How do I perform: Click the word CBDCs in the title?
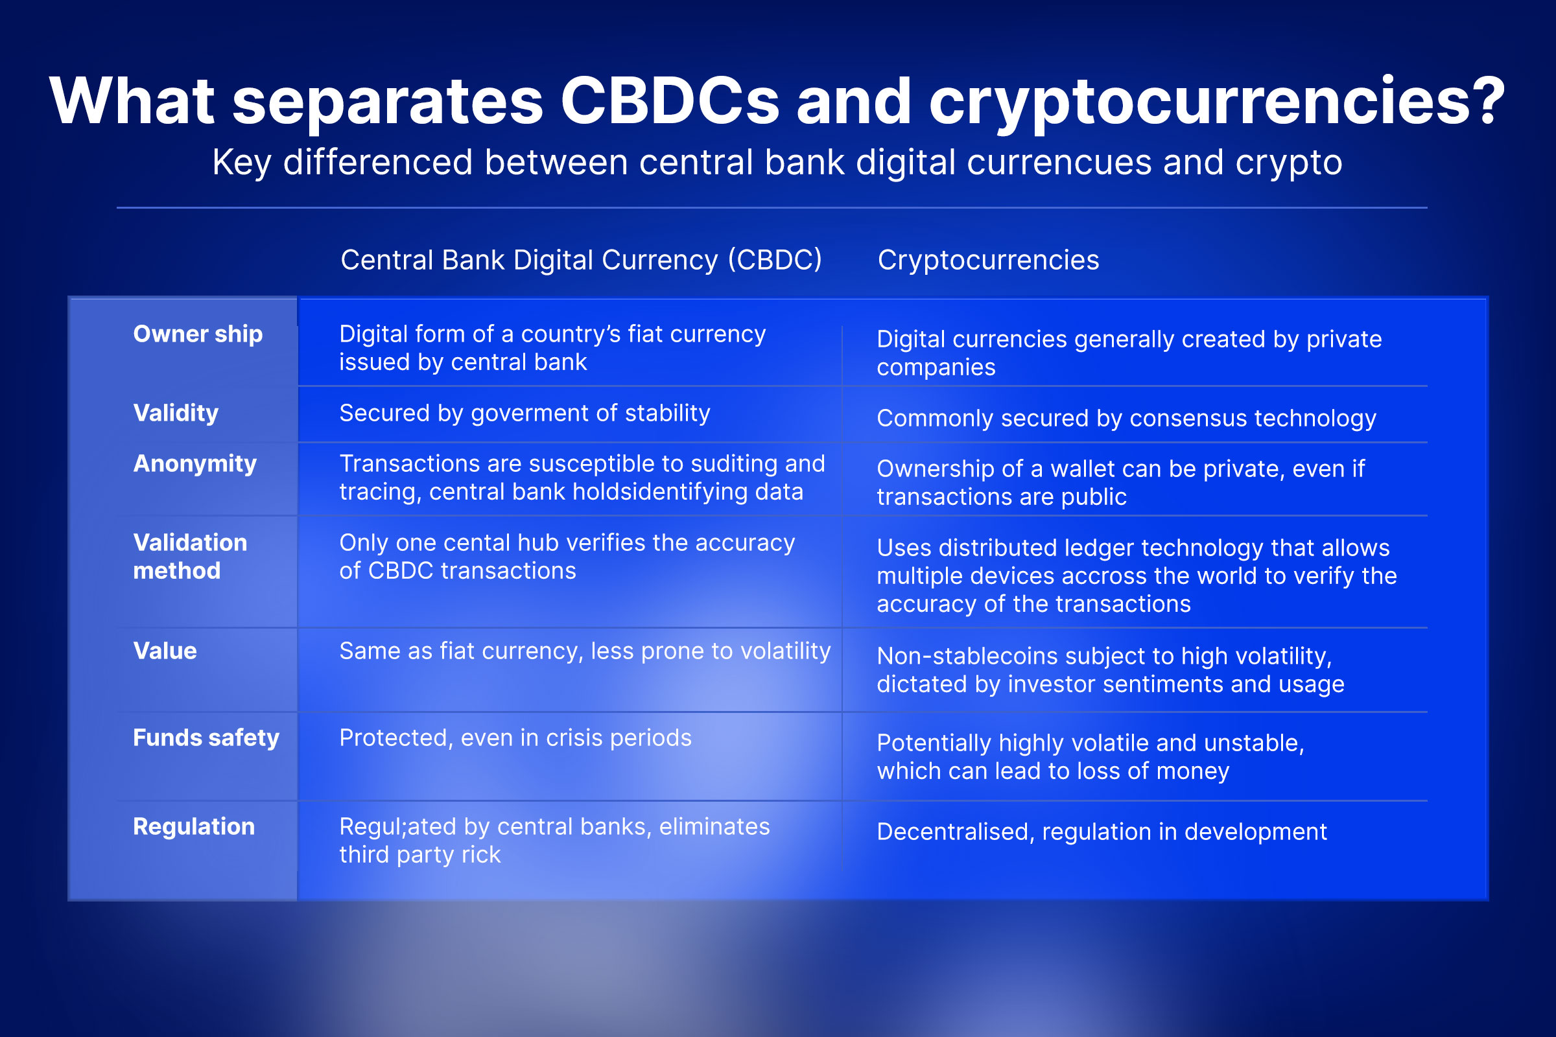click(670, 101)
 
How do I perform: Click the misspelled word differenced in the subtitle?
click(378, 163)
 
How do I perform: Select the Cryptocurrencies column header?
click(988, 260)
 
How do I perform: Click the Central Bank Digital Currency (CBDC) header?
click(581, 260)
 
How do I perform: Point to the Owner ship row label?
click(198, 334)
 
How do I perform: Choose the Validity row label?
click(175, 414)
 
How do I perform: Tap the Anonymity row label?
click(194, 464)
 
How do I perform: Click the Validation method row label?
click(190, 556)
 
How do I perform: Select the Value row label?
click(165, 651)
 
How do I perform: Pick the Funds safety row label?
click(206, 738)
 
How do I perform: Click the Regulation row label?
click(194, 827)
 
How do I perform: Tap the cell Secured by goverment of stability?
click(525, 414)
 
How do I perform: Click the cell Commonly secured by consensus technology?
click(1126, 419)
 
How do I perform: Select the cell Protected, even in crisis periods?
click(515, 738)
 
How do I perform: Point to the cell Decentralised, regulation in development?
click(1102, 832)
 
